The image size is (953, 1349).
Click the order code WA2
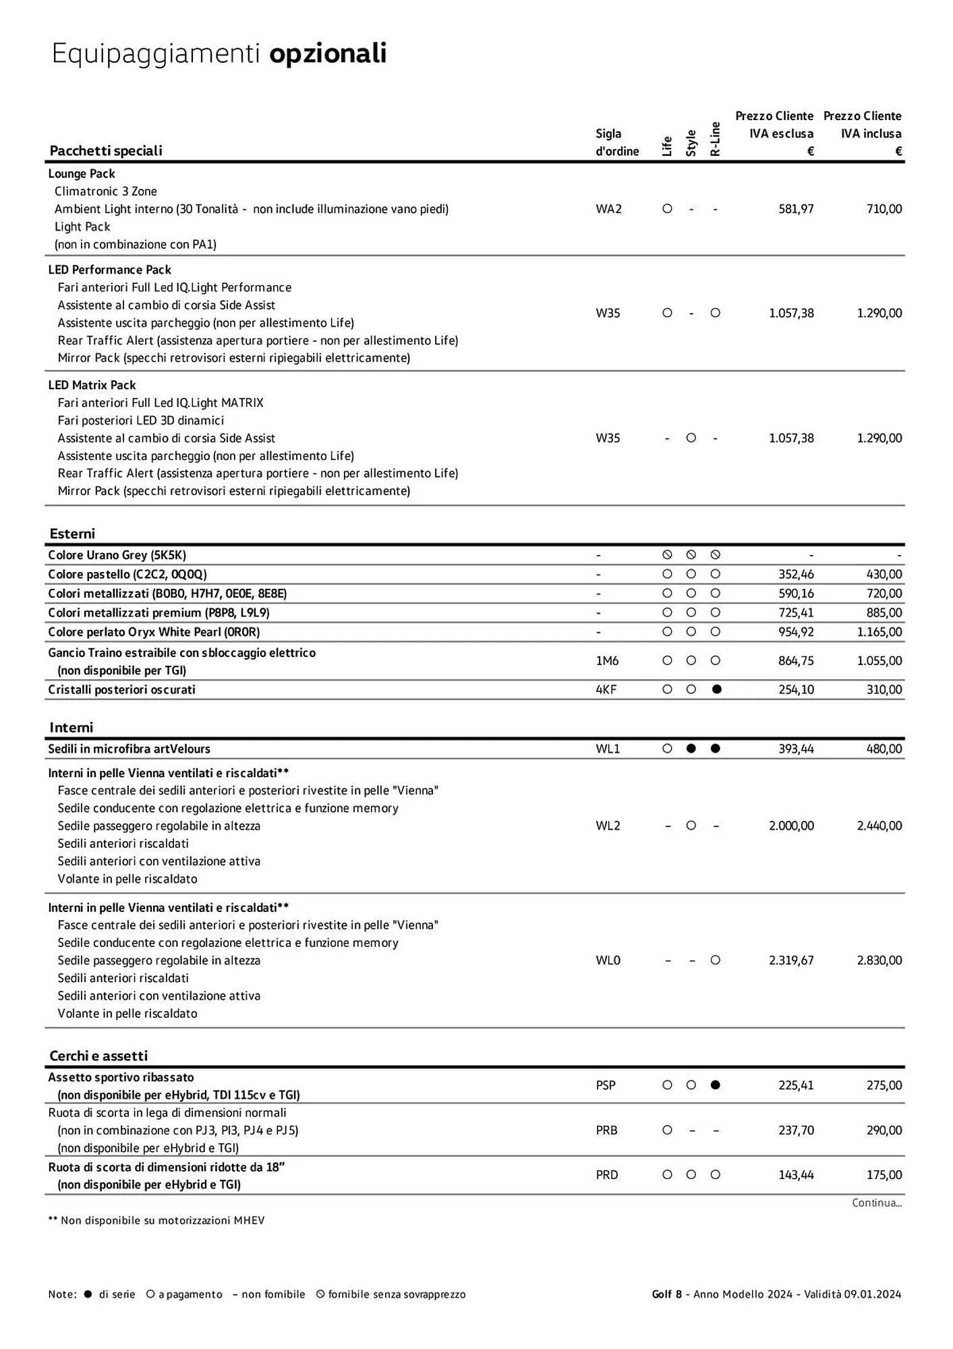tap(608, 209)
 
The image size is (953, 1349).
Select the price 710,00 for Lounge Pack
tap(884, 209)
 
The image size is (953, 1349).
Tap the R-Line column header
tap(716, 140)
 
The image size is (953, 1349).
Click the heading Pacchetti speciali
tap(106, 150)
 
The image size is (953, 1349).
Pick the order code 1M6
tap(607, 661)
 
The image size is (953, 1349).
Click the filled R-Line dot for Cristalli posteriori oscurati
tap(716, 689)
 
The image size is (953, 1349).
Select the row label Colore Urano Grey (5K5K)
tap(117, 555)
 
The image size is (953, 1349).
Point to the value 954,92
tap(796, 632)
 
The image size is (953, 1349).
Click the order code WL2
tap(608, 826)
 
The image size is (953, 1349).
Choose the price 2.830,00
tap(879, 960)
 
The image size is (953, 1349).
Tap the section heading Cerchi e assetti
tap(98, 1056)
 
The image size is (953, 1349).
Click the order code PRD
tap(607, 1174)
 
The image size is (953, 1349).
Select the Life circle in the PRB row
tap(667, 1130)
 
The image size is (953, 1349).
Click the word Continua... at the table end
tap(876, 1203)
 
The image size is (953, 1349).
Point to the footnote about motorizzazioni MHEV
tap(156, 1220)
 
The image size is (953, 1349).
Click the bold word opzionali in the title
tap(328, 53)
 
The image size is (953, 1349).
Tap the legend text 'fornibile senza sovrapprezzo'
tap(397, 1294)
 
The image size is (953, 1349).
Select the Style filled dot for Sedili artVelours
tap(691, 749)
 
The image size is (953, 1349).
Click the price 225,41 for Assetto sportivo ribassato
tap(796, 1085)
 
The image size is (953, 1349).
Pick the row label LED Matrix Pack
tap(92, 385)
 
